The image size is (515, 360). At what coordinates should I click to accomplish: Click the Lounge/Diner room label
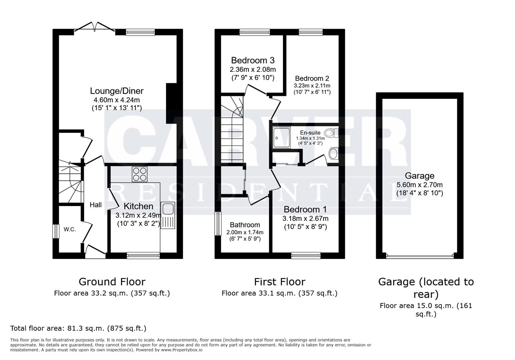pos(117,91)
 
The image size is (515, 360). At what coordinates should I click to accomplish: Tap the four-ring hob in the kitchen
pos(139,174)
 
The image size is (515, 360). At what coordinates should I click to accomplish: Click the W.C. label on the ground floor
pos(70,229)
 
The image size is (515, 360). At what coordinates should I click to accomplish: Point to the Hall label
pos(96,205)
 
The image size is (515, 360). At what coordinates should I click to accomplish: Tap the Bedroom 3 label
pos(252,60)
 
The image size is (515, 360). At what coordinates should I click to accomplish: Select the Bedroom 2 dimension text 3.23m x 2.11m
pos(312,86)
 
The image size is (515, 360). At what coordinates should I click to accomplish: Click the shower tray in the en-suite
pos(281,138)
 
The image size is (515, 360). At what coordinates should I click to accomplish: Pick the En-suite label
pos(310,133)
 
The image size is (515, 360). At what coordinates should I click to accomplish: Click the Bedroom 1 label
pos(305,209)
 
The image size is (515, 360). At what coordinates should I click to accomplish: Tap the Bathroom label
pos(245,225)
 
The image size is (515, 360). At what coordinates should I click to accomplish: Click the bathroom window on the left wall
pos(218,224)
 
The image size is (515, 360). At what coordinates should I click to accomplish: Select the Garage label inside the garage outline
pos(419,176)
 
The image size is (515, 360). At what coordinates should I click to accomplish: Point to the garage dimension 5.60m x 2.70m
pos(419,185)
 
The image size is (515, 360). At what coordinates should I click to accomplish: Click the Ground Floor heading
pos(112,282)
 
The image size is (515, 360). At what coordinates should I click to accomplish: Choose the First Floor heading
pos(280,282)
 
